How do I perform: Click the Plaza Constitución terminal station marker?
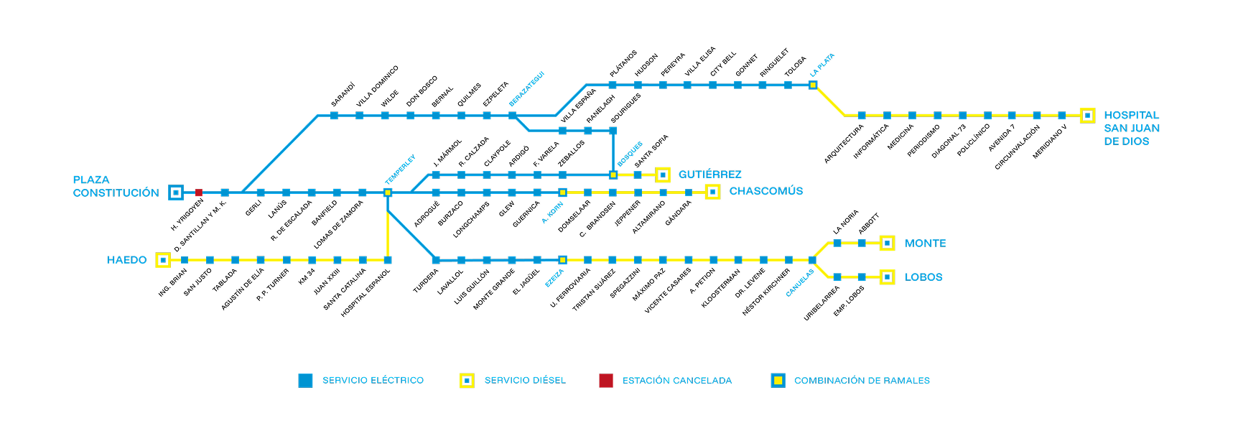176,193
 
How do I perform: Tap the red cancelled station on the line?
199,193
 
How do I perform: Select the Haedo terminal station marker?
163,260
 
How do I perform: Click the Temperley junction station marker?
388,193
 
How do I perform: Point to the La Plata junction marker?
813,85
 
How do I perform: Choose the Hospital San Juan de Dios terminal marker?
1087,116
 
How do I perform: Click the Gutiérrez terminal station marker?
663,175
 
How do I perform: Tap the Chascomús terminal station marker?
712,192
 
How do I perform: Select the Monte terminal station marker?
887,244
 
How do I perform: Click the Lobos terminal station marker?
887,277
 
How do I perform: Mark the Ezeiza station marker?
563,260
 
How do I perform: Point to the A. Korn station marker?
563,193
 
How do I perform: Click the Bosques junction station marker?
613,175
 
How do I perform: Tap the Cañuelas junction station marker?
812,260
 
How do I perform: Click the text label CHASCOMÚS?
765,191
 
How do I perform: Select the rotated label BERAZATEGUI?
526,89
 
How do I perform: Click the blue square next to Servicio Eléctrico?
305,381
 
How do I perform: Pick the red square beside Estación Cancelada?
606,381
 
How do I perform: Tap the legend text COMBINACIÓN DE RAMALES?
862,381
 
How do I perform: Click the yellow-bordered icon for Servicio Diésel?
467,381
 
